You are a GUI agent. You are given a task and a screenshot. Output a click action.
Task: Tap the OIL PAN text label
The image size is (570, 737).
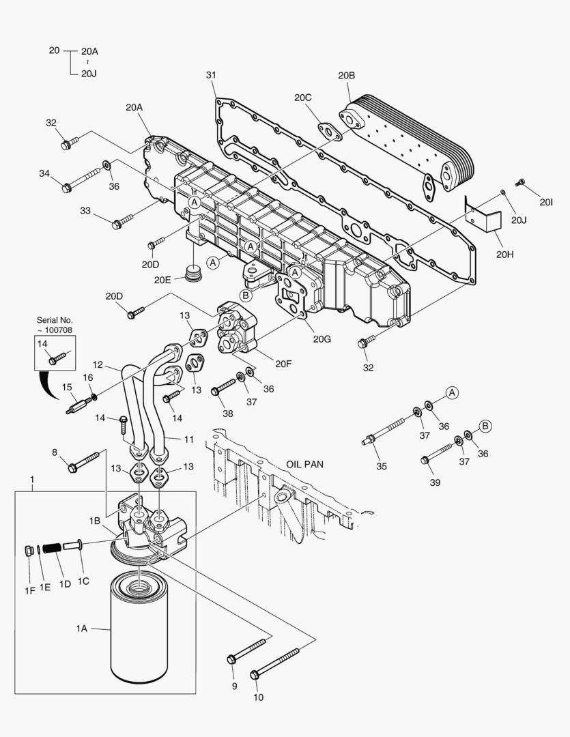coord(304,464)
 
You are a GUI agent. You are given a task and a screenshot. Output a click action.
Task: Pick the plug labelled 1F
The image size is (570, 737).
coord(29,551)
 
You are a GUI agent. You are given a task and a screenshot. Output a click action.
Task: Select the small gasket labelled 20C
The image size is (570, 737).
coord(329,131)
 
